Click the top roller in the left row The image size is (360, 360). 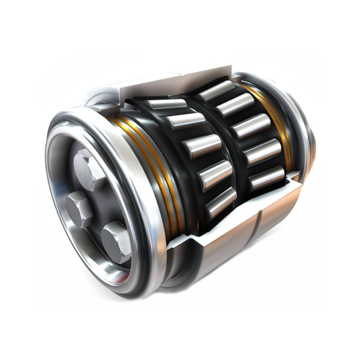pos(167,104)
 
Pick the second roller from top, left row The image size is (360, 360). pos(186,122)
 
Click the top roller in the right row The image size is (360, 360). pos(217,90)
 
